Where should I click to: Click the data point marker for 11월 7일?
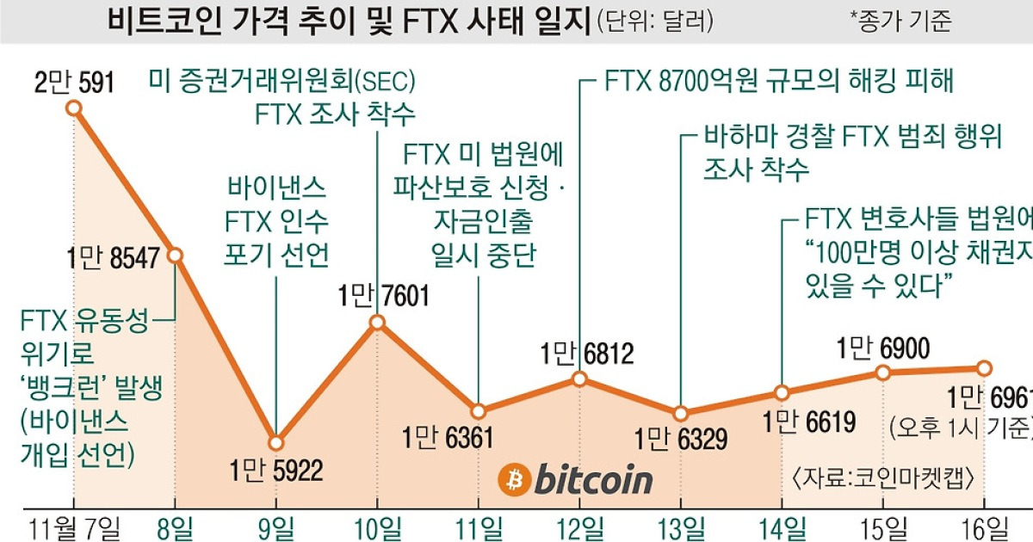coord(74,108)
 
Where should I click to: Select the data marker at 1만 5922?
coord(275,443)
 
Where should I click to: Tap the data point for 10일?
coord(377,323)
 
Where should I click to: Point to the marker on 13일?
coord(681,414)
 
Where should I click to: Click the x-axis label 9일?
coord(275,526)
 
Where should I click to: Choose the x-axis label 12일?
coord(579,526)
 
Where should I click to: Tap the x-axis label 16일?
coord(983,526)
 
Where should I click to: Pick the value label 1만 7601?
coord(382,297)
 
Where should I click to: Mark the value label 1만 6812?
coord(587,353)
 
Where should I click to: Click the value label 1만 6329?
coord(681,440)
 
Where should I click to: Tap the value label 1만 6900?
coord(882,348)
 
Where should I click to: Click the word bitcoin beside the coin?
coord(593,480)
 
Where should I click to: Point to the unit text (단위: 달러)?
coord(655,21)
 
